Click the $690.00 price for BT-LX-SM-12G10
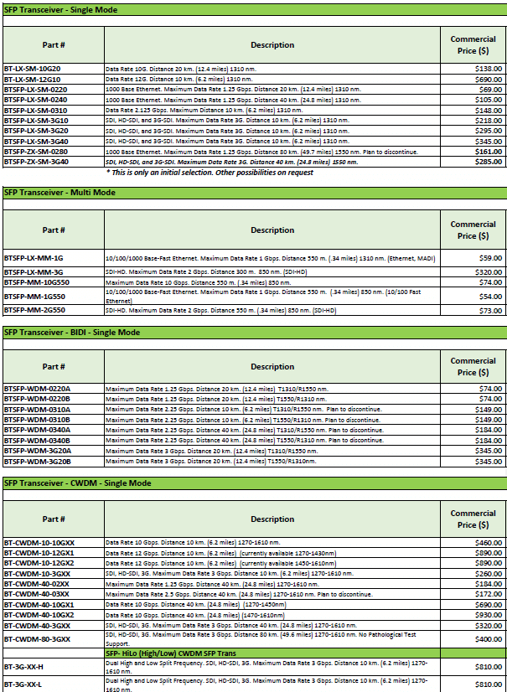(x=489, y=79)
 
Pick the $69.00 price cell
(x=491, y=89)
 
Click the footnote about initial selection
(x=210, y=173)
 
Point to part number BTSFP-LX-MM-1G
(x=34, y=258)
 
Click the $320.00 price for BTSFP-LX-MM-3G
(x=489, y=272)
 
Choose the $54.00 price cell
(x=490, y=297)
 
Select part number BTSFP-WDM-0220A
(x=38, y=390)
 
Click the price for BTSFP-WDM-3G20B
(x=489, y=461)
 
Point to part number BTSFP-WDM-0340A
(x=38, y=430)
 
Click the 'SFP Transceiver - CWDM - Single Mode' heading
(x=78, y=483)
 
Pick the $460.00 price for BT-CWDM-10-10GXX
(x=489, y=544)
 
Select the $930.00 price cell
(x=489, y=615)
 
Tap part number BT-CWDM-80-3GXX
(x=38, y=639)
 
